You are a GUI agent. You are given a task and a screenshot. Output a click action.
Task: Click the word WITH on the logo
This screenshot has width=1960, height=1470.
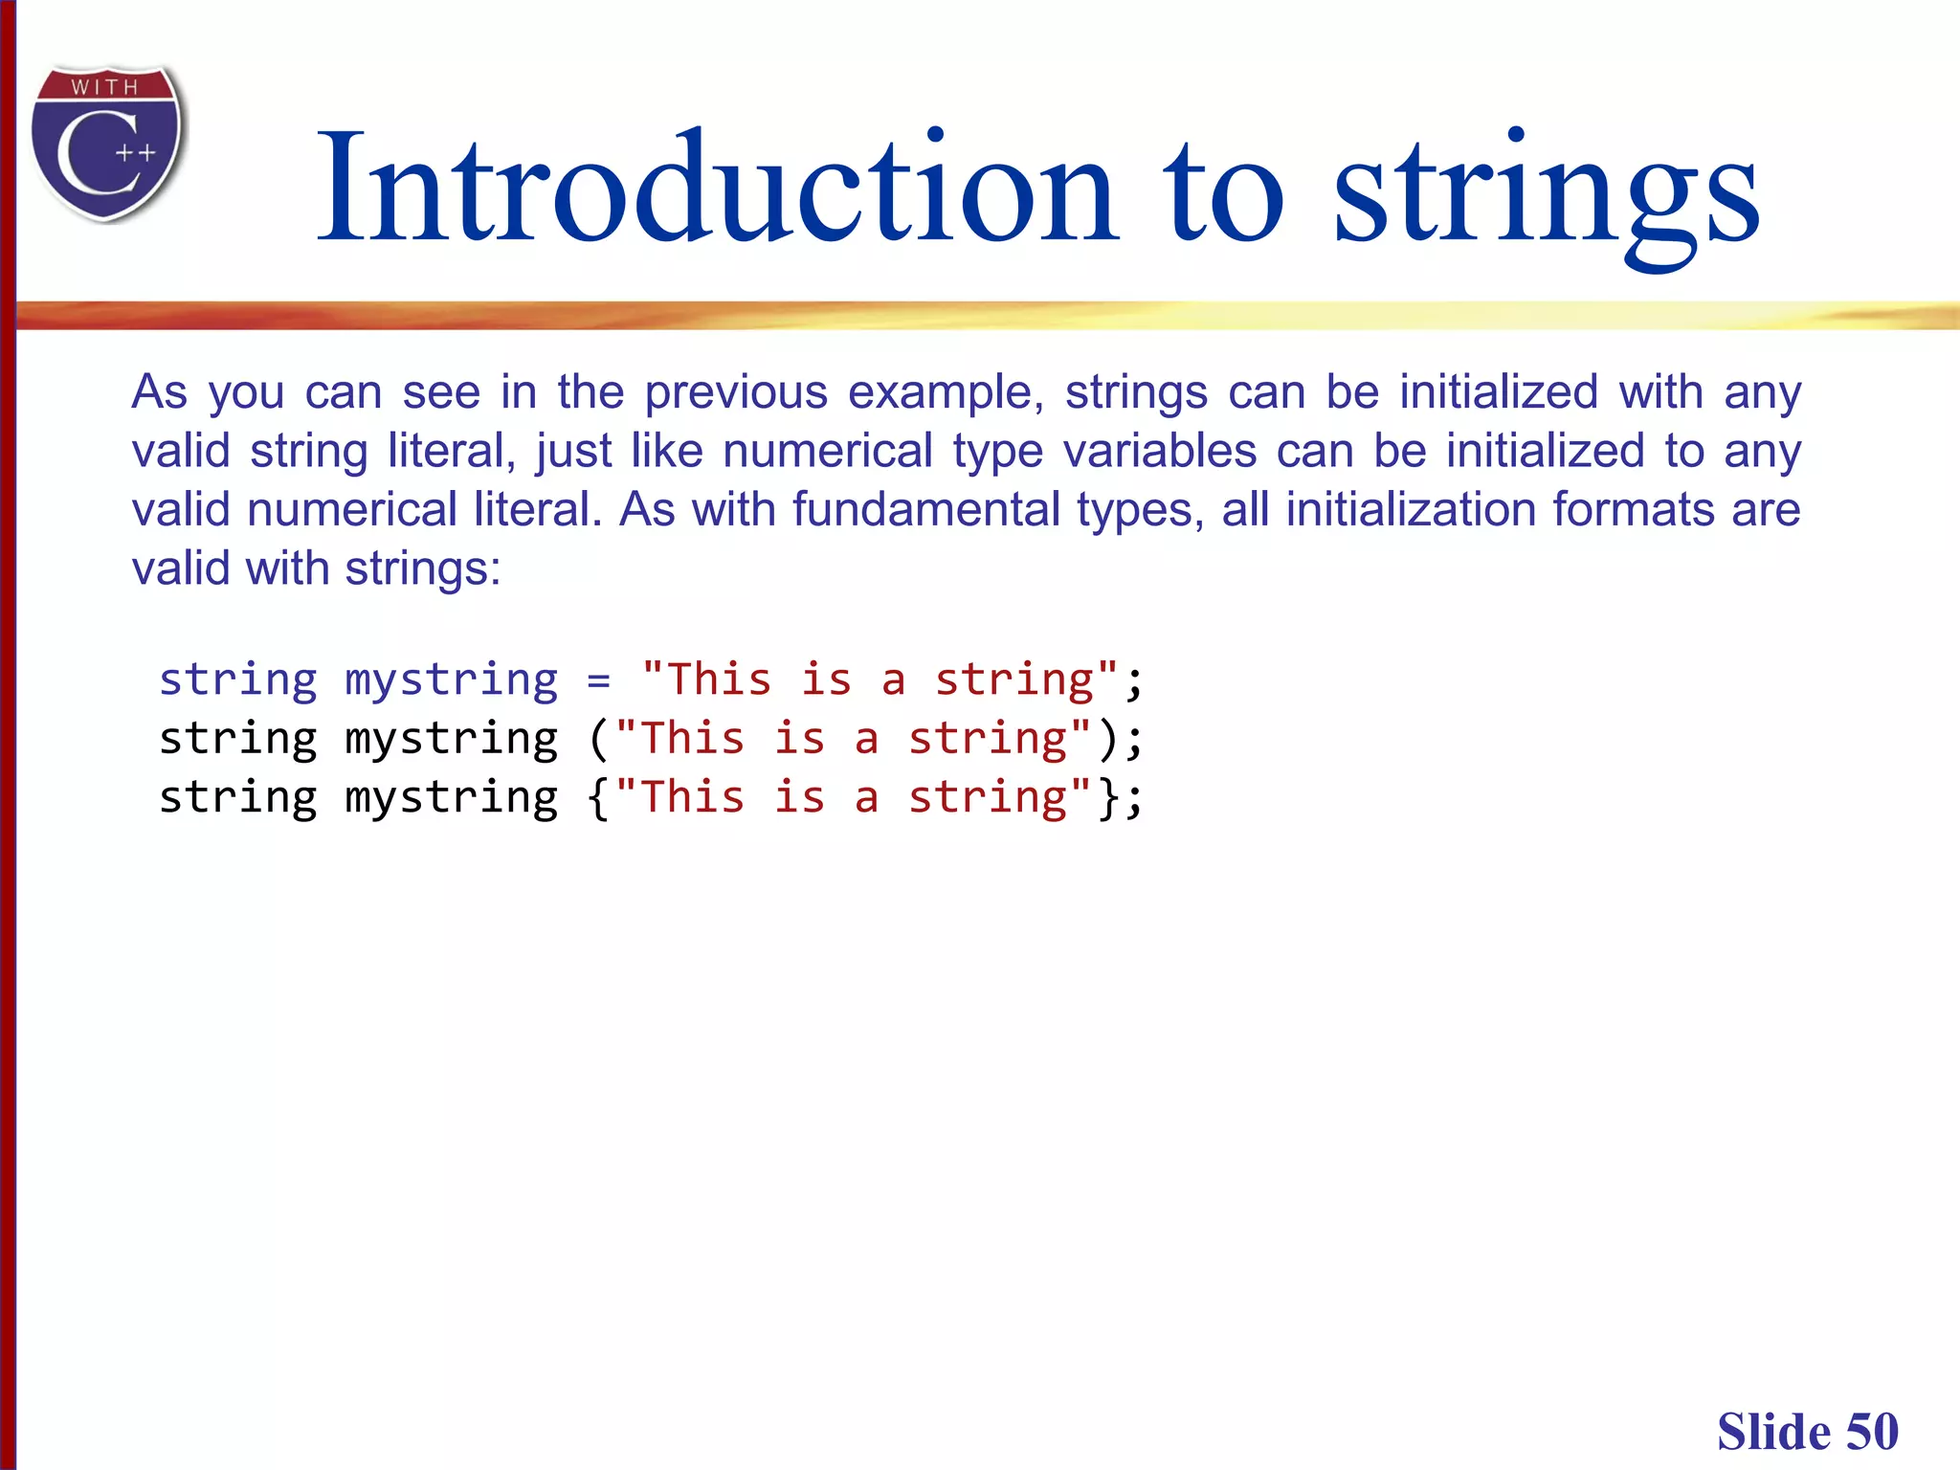coord(104,87)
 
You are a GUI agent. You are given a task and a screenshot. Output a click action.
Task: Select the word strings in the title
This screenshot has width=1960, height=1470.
coord(1546,191)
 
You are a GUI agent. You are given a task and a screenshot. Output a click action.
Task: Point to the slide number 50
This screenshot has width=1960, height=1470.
coord(1872,1432)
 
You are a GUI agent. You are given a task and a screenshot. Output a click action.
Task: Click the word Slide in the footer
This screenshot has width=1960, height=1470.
coord(1773,1432)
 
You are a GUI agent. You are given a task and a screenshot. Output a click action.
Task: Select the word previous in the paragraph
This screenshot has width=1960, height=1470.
coord(735,392)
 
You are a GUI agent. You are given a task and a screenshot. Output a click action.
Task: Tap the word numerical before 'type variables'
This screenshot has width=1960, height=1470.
coord(827,451)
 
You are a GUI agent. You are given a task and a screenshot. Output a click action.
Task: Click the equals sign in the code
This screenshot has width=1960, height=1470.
coord(599,680)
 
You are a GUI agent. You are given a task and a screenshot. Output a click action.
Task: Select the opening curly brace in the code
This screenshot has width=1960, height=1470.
coord(599,798)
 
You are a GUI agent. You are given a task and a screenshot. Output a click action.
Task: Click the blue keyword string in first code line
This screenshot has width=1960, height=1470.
coord(237,680)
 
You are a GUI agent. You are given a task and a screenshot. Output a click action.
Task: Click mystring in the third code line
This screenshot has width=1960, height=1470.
coord(451,798)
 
